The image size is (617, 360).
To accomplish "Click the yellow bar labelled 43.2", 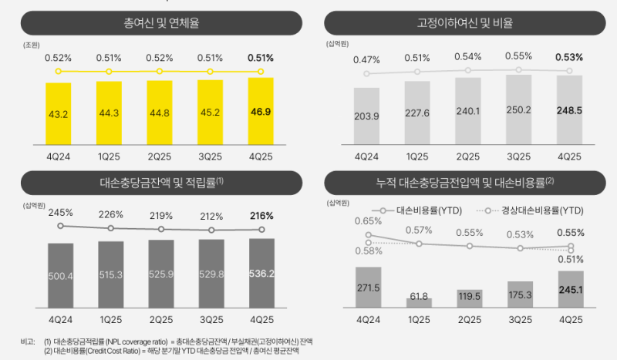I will pyautogui.click(x=59, y=112).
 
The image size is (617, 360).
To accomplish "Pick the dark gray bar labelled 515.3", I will pyautogui.click(x=111, y=274).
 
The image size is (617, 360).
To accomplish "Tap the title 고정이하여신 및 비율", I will pyautogui.click(x=465, y=24).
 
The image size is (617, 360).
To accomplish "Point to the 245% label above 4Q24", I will pyautogui.click(x=60, y=212).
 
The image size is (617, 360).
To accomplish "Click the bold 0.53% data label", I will pyautogui.click(x=568, y=57).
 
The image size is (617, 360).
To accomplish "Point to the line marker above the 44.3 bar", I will pyautogui.click(x=110, y=72).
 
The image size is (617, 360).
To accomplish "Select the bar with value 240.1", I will pyautogui.click(x=468, y=110).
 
